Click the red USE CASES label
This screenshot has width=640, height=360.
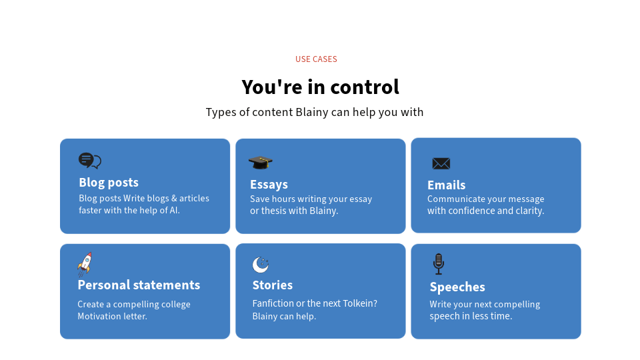pyautogui.click(x=316, y=59)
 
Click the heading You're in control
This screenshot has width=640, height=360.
pyautogui.click(x=321, y=87)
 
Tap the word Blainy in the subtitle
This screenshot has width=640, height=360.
pyautogui.click(x=312, y=112)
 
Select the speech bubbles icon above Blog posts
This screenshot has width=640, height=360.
pyautogui.click(x=90, y=161)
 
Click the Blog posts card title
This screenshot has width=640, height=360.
pyautogui.click(x=109, y=183)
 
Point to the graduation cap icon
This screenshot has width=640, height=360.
pyautogui.click(x=261, y=163)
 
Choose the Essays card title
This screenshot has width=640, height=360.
pyautogui.click(x=269, y=185)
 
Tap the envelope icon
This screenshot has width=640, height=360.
pyautogui.click(x=441, y=164)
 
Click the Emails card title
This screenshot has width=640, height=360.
pyautogui.click(x=447, y=185)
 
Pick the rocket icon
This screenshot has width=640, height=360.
pyautogui.click(x=85, y=264)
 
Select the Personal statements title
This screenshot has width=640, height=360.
pyautogui.click(x=139, y=285)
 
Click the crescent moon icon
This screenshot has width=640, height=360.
pyautogui.click(x=261, y=265)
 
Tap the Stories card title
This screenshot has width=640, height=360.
pyautogui.click(x=273, y=285)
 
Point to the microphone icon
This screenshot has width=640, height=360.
pyautogui.click(x=439, y=264)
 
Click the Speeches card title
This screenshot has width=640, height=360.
pyautogui.click(x=457, y=287)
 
